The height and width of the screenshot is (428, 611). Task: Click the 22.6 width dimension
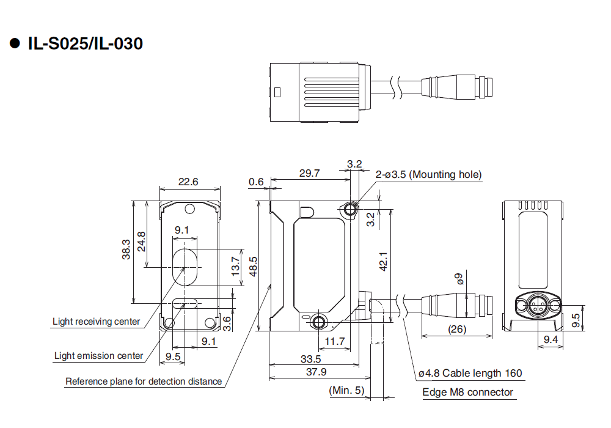click(x=188, y=182)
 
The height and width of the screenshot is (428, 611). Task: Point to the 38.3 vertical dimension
click(x=126, y=249)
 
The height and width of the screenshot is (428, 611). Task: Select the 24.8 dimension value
click(x=141, y=241)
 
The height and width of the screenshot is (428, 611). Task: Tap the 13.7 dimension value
click(x=236, y=267)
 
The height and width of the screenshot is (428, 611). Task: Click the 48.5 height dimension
click(x=252, y=267)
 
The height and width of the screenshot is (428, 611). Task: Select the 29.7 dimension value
click(x=309, y=173)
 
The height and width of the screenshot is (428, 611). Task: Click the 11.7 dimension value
click(x=335, y=341)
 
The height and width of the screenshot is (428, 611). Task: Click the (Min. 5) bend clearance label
click(x=346, y=390)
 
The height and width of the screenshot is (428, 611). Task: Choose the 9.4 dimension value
click(x=551, y=339)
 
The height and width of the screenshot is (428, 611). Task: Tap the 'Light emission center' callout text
click(x=98, y=356)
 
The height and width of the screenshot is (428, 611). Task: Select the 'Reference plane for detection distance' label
click(x=144, y=382)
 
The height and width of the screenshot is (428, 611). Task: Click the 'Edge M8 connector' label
click(x=467, y=392)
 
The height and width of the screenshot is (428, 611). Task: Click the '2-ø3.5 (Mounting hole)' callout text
click(x=429, y=175)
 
